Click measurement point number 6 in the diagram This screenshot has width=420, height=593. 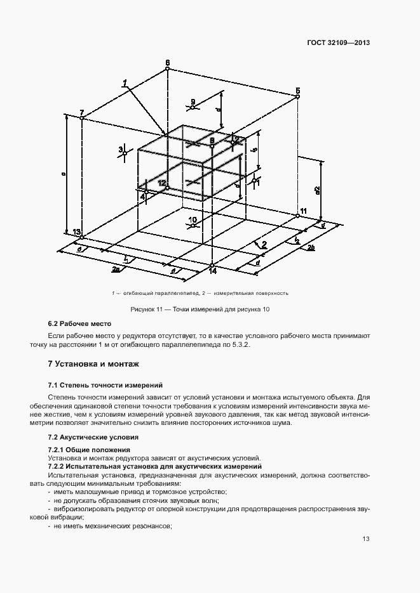click(x=167, y=70)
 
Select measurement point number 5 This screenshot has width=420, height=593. click(x=297, y=98)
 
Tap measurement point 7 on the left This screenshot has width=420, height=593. click(x=82, y=119)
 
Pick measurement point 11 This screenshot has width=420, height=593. click(x=297, y=216)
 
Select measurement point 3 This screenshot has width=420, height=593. click(x=125, y=153)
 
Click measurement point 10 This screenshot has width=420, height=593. click(x=193, y=224)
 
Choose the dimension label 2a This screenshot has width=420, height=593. click(x=116, y=270)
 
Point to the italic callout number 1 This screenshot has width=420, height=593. click(x=126, y=82)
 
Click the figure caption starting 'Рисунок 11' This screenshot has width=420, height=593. click(x=200, y=309)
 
